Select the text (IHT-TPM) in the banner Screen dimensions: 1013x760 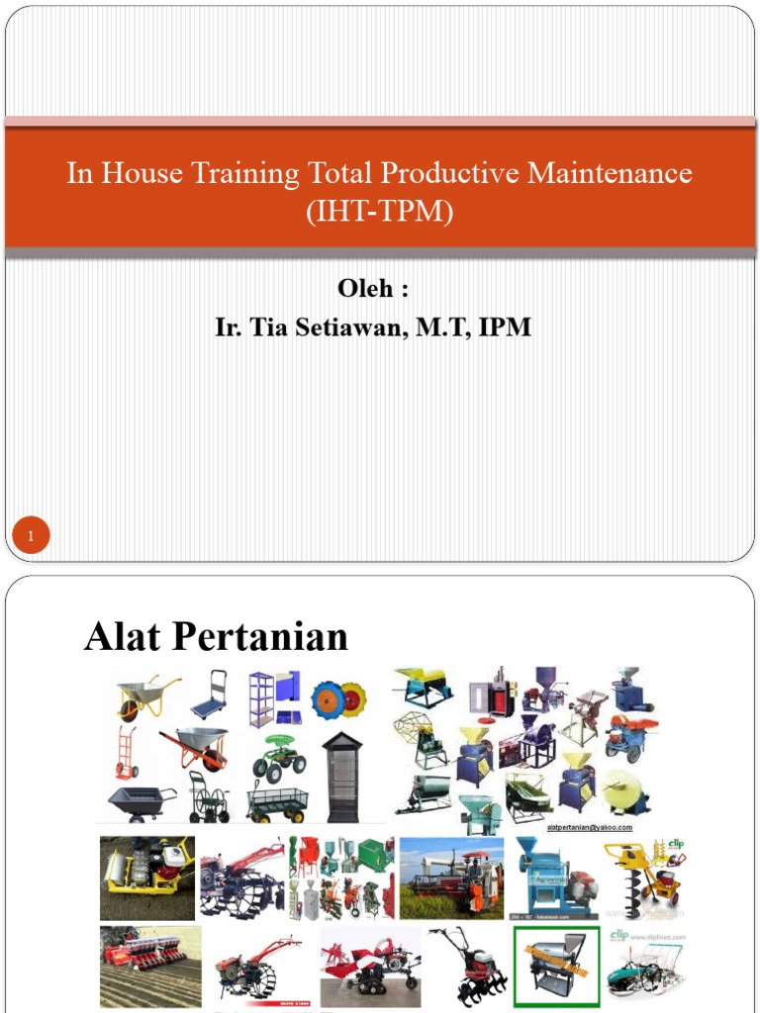380,211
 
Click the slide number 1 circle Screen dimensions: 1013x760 31,537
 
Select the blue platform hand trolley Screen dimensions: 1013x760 210,695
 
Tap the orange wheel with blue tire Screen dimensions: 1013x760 339,700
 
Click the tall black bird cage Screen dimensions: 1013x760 343,778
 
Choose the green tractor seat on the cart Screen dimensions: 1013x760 281,757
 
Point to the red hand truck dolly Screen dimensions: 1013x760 126,754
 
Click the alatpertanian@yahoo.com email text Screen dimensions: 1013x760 589,828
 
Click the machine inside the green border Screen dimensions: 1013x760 556,966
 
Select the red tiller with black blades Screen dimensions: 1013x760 469,965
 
